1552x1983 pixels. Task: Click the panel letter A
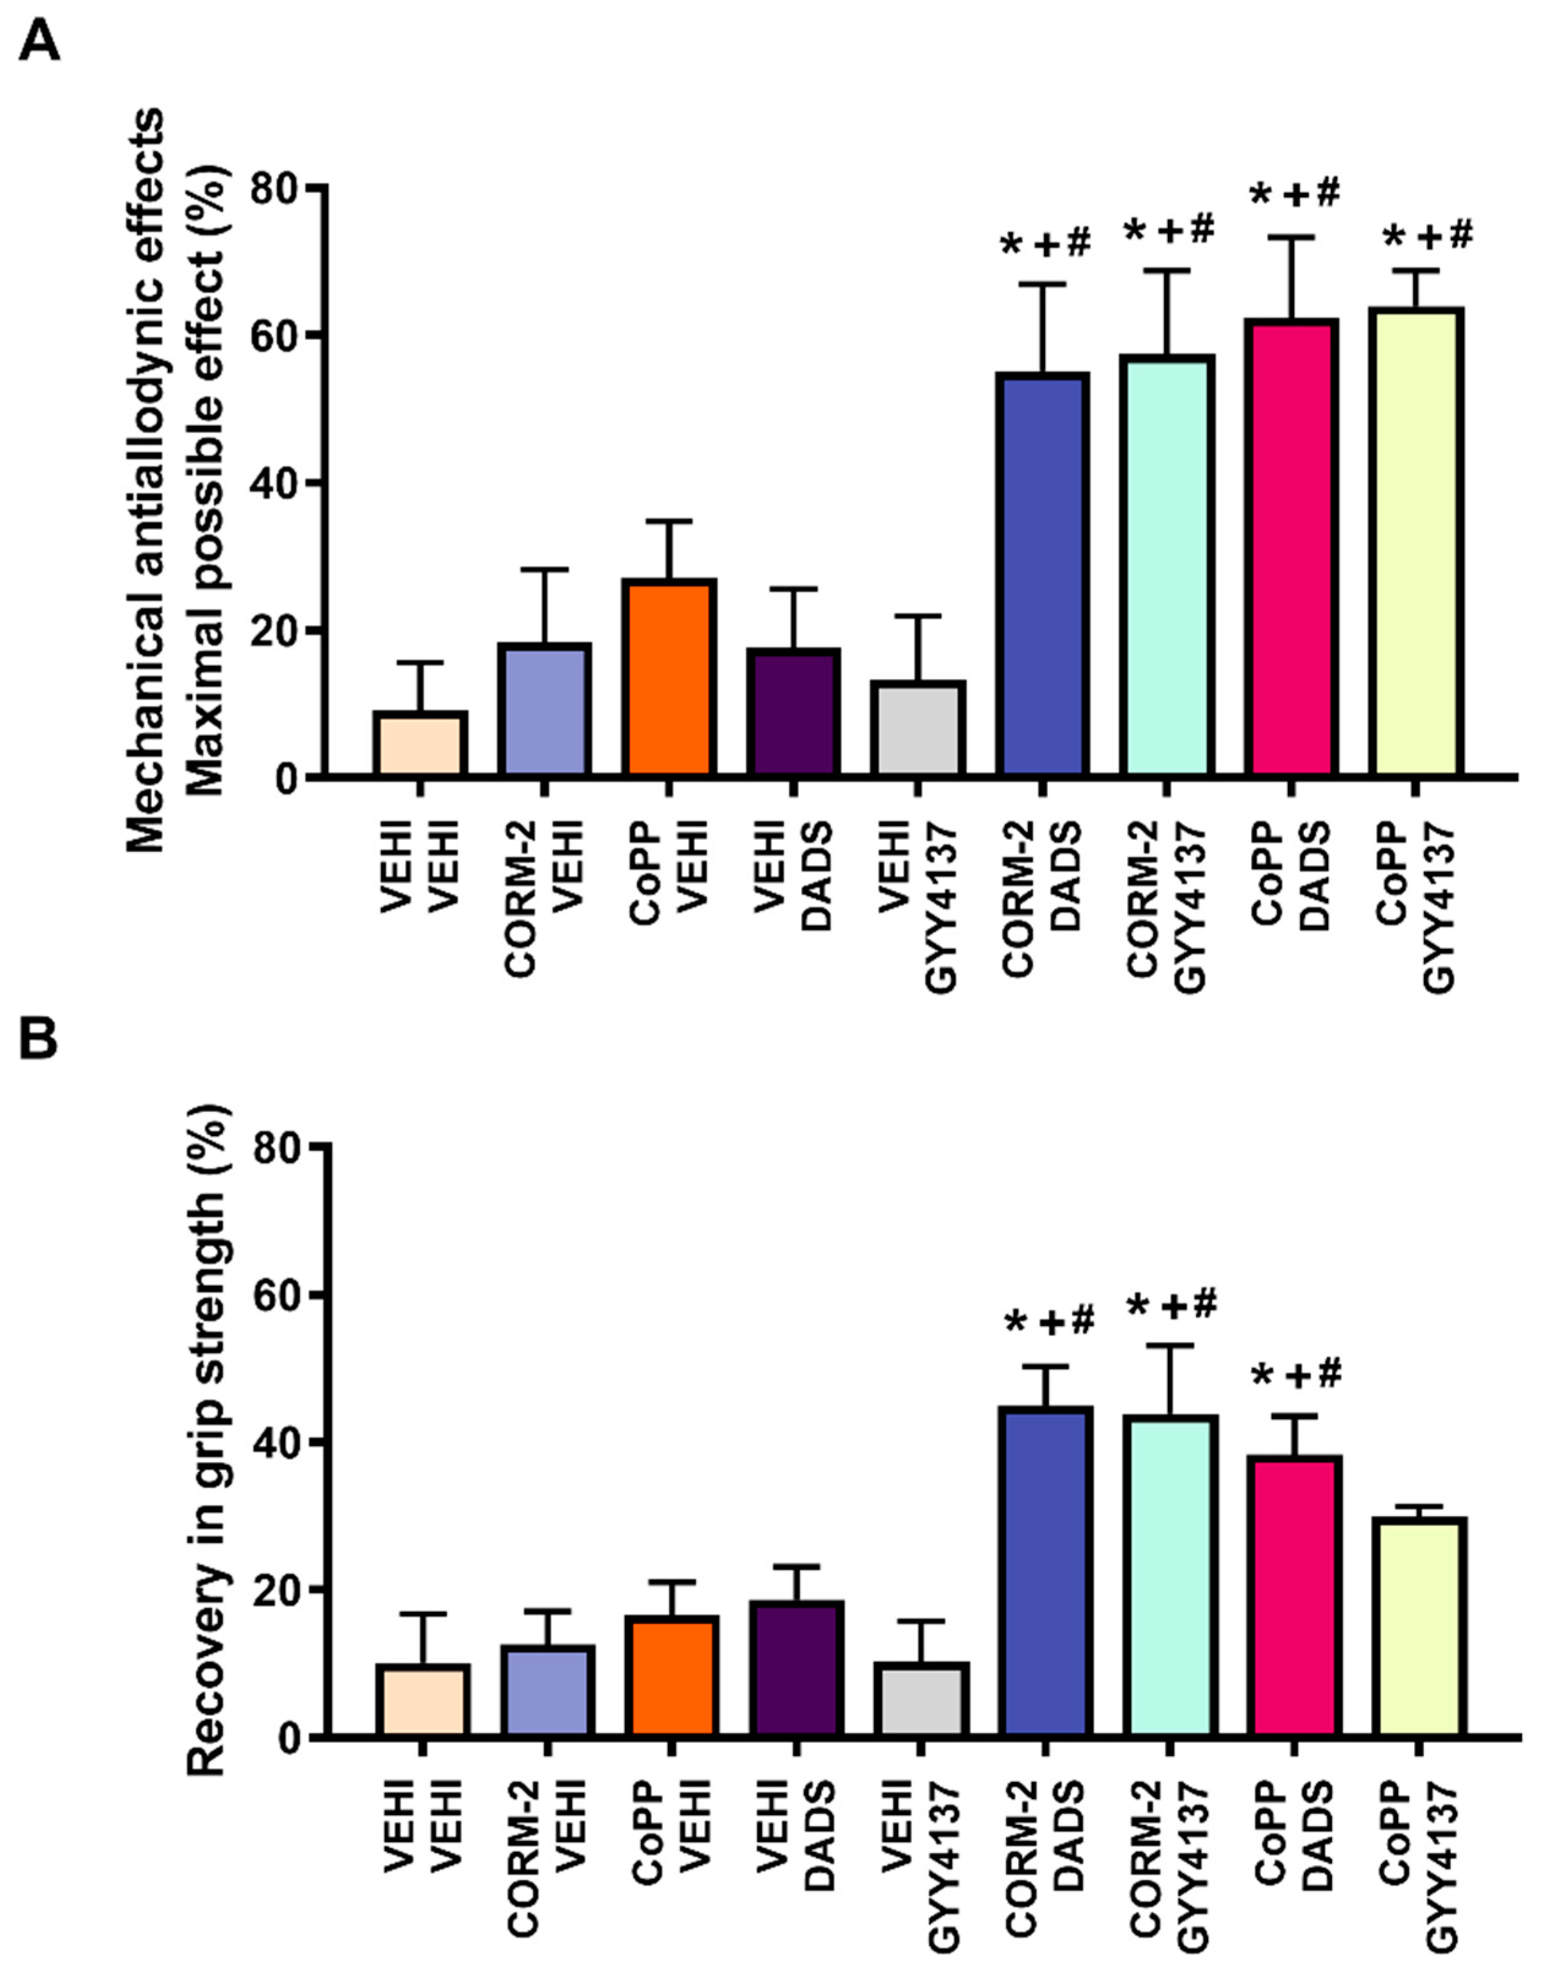tap(39, 41)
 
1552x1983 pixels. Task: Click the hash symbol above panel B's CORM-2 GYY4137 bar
tap(1203, 1304)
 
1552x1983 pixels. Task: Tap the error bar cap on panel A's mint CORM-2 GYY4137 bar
tap(1168, 270)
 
